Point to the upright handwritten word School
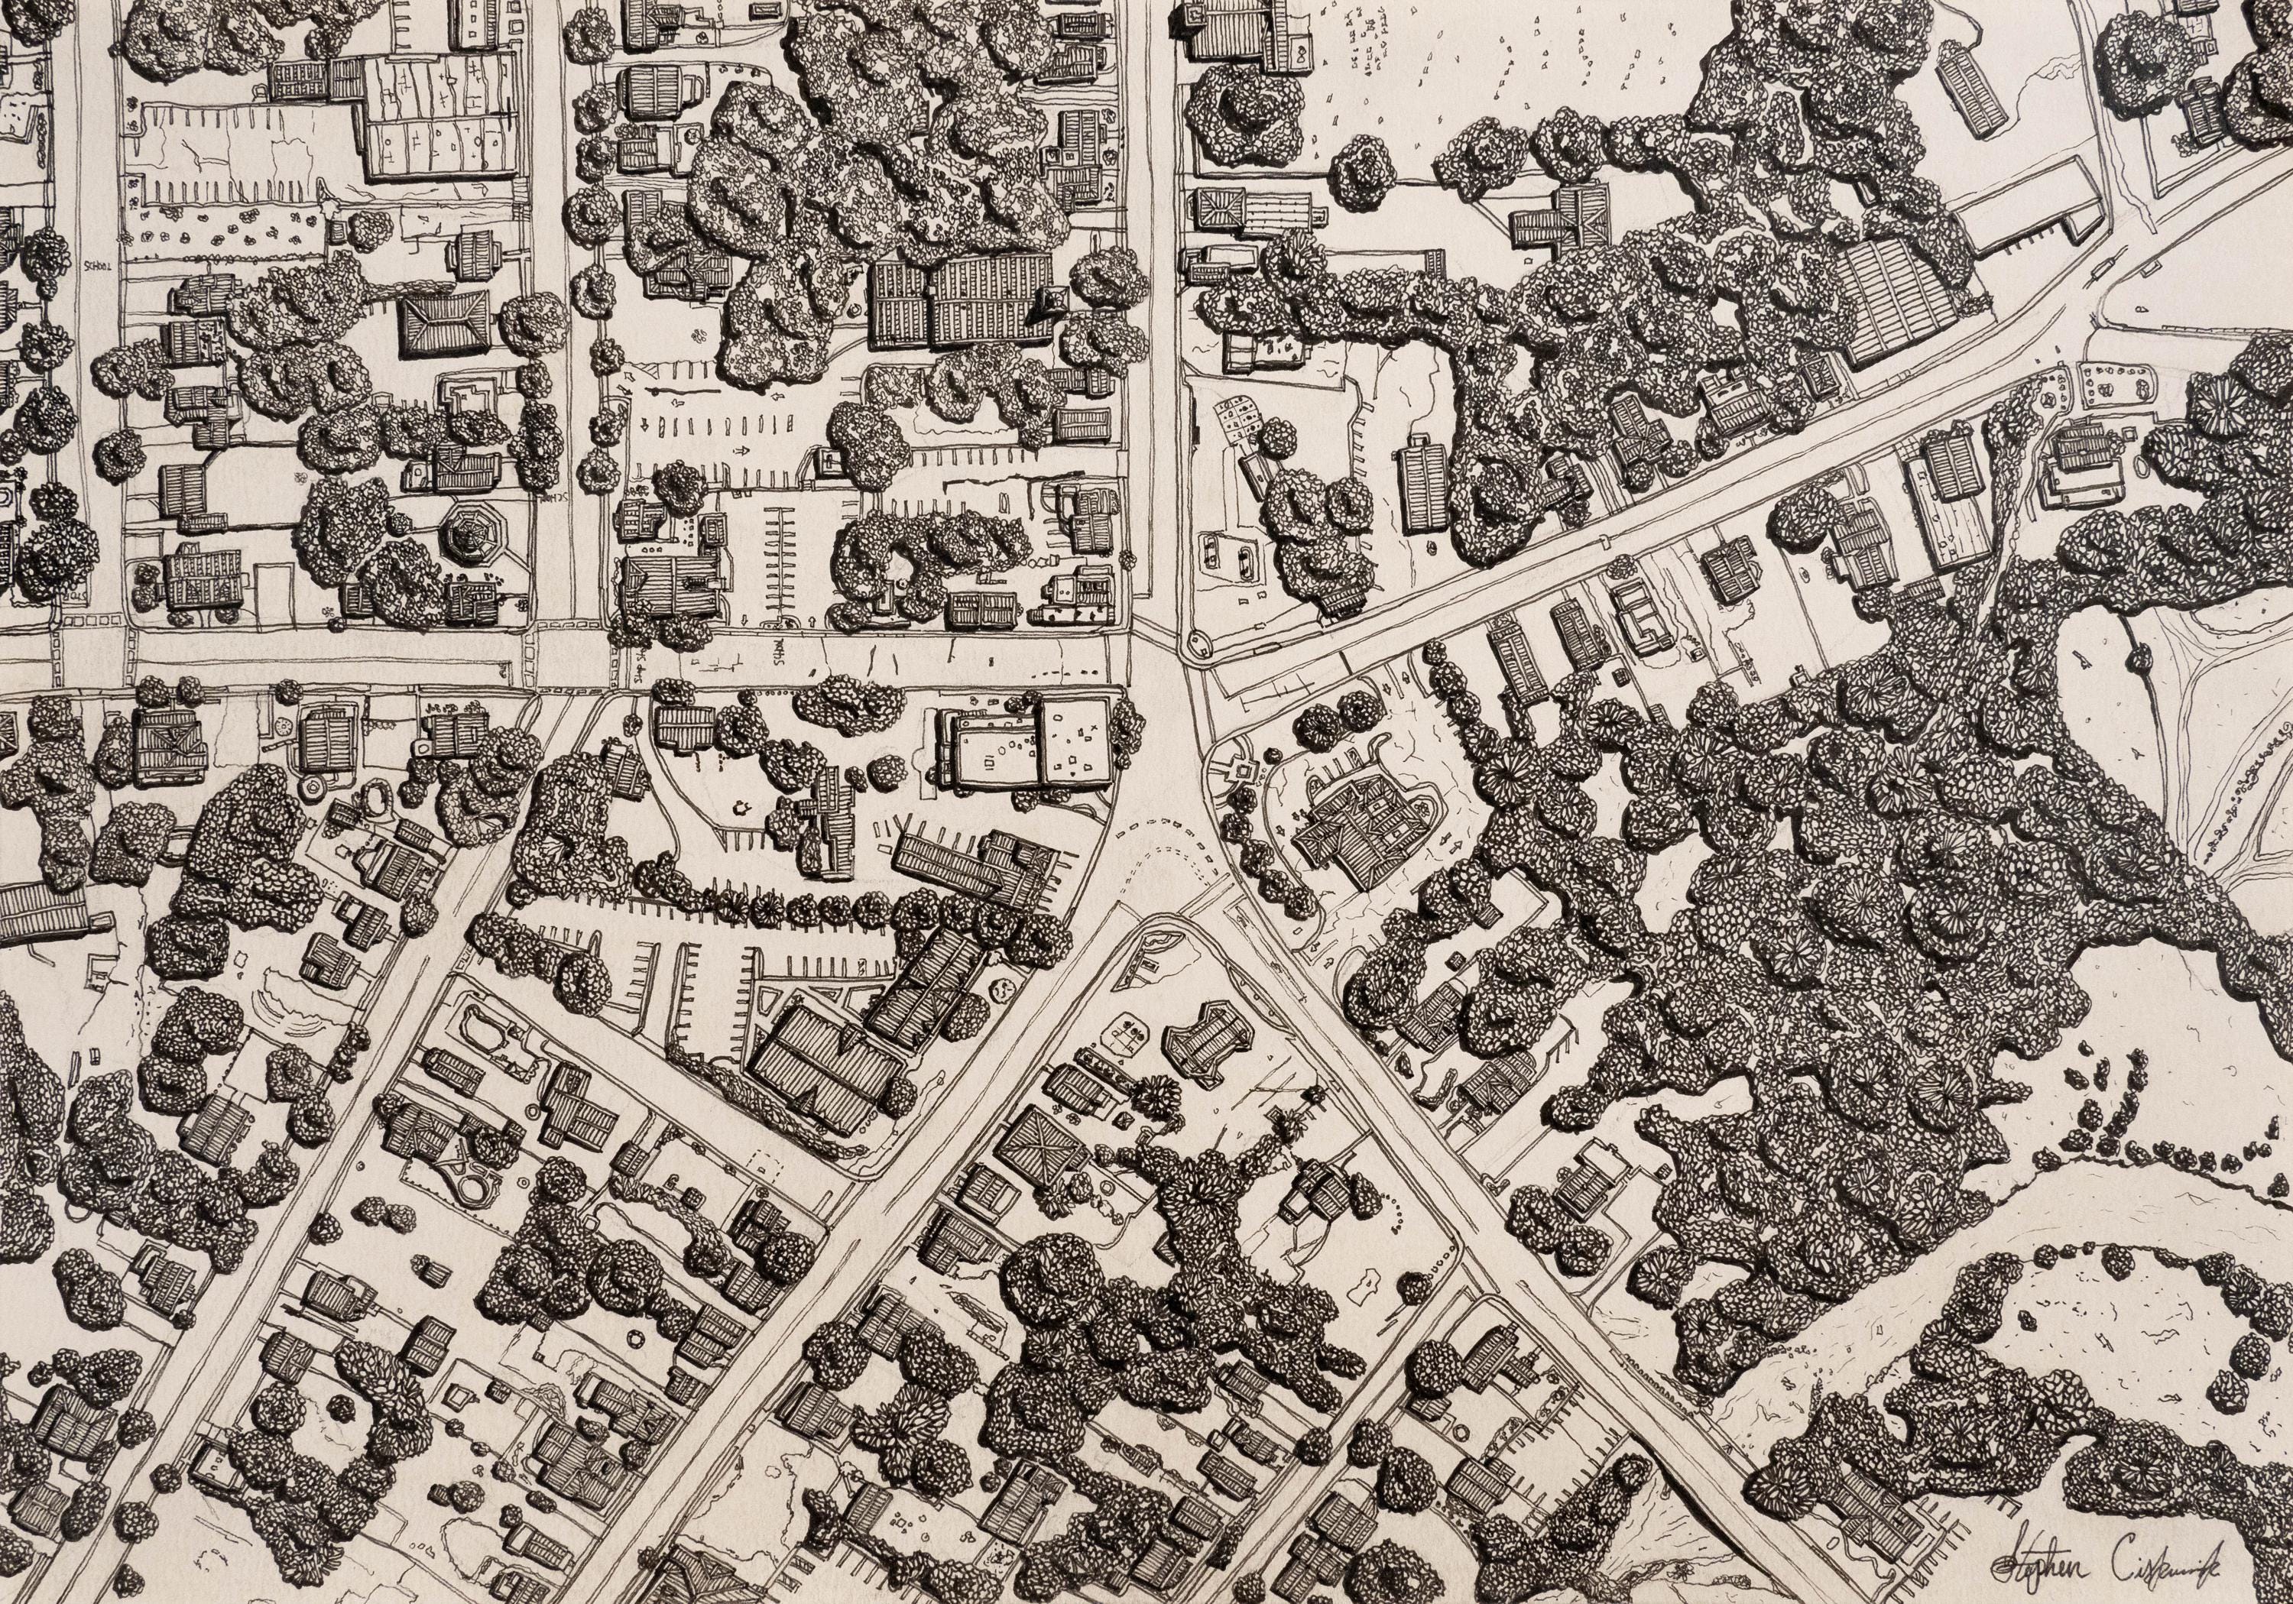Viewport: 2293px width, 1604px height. (98, 267)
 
